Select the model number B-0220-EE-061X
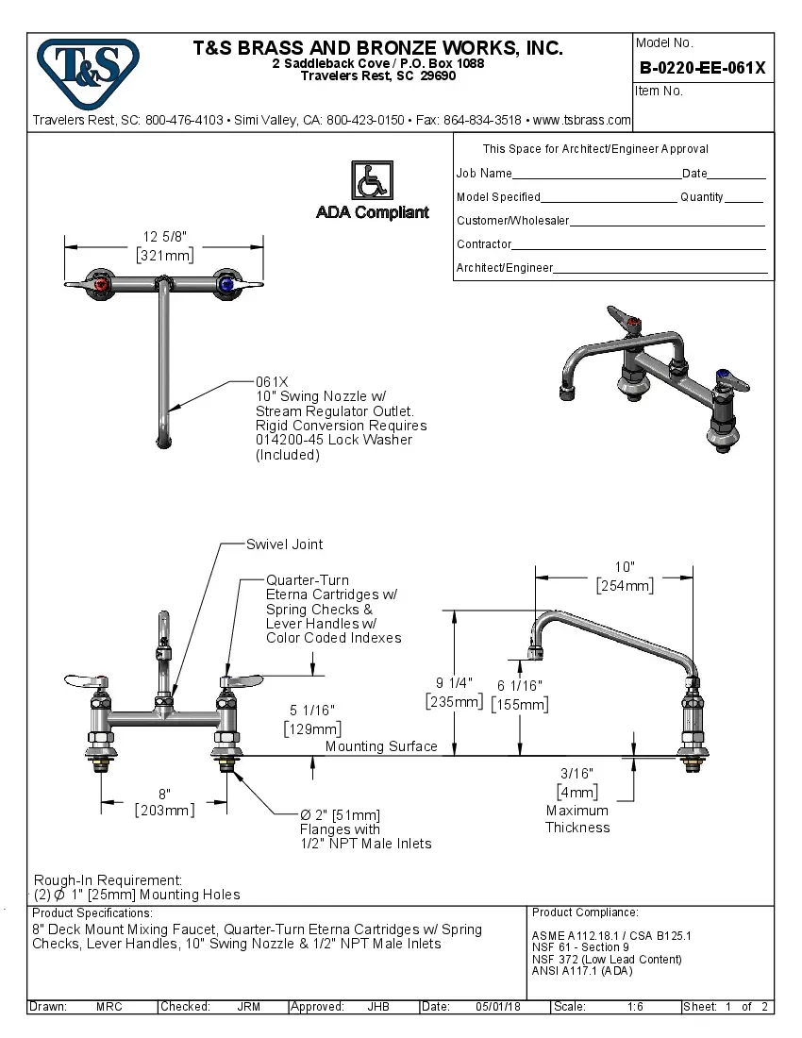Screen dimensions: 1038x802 (x=702, y=68)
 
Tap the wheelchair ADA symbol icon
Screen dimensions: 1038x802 (x=372, y=180)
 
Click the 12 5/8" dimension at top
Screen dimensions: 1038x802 (x=163, y=237)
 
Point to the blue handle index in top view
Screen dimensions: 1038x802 (x=226, y=283)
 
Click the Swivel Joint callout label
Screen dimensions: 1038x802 (x=284, y=544)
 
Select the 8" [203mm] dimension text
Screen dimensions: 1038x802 (x=164, y=802)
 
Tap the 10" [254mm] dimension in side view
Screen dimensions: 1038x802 (x=624, y=577)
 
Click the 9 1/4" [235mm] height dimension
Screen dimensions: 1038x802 (x=454, y=692)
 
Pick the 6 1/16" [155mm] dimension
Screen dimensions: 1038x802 (x=519, y=695)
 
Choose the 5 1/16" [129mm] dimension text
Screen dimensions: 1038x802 (x=311, y=719)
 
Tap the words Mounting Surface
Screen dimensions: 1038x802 (x=381, y=746)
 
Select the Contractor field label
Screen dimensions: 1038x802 (x=484, y=244)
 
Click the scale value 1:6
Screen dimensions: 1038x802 (x=635, y=1007)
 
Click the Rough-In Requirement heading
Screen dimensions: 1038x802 (x=108, y=879)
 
